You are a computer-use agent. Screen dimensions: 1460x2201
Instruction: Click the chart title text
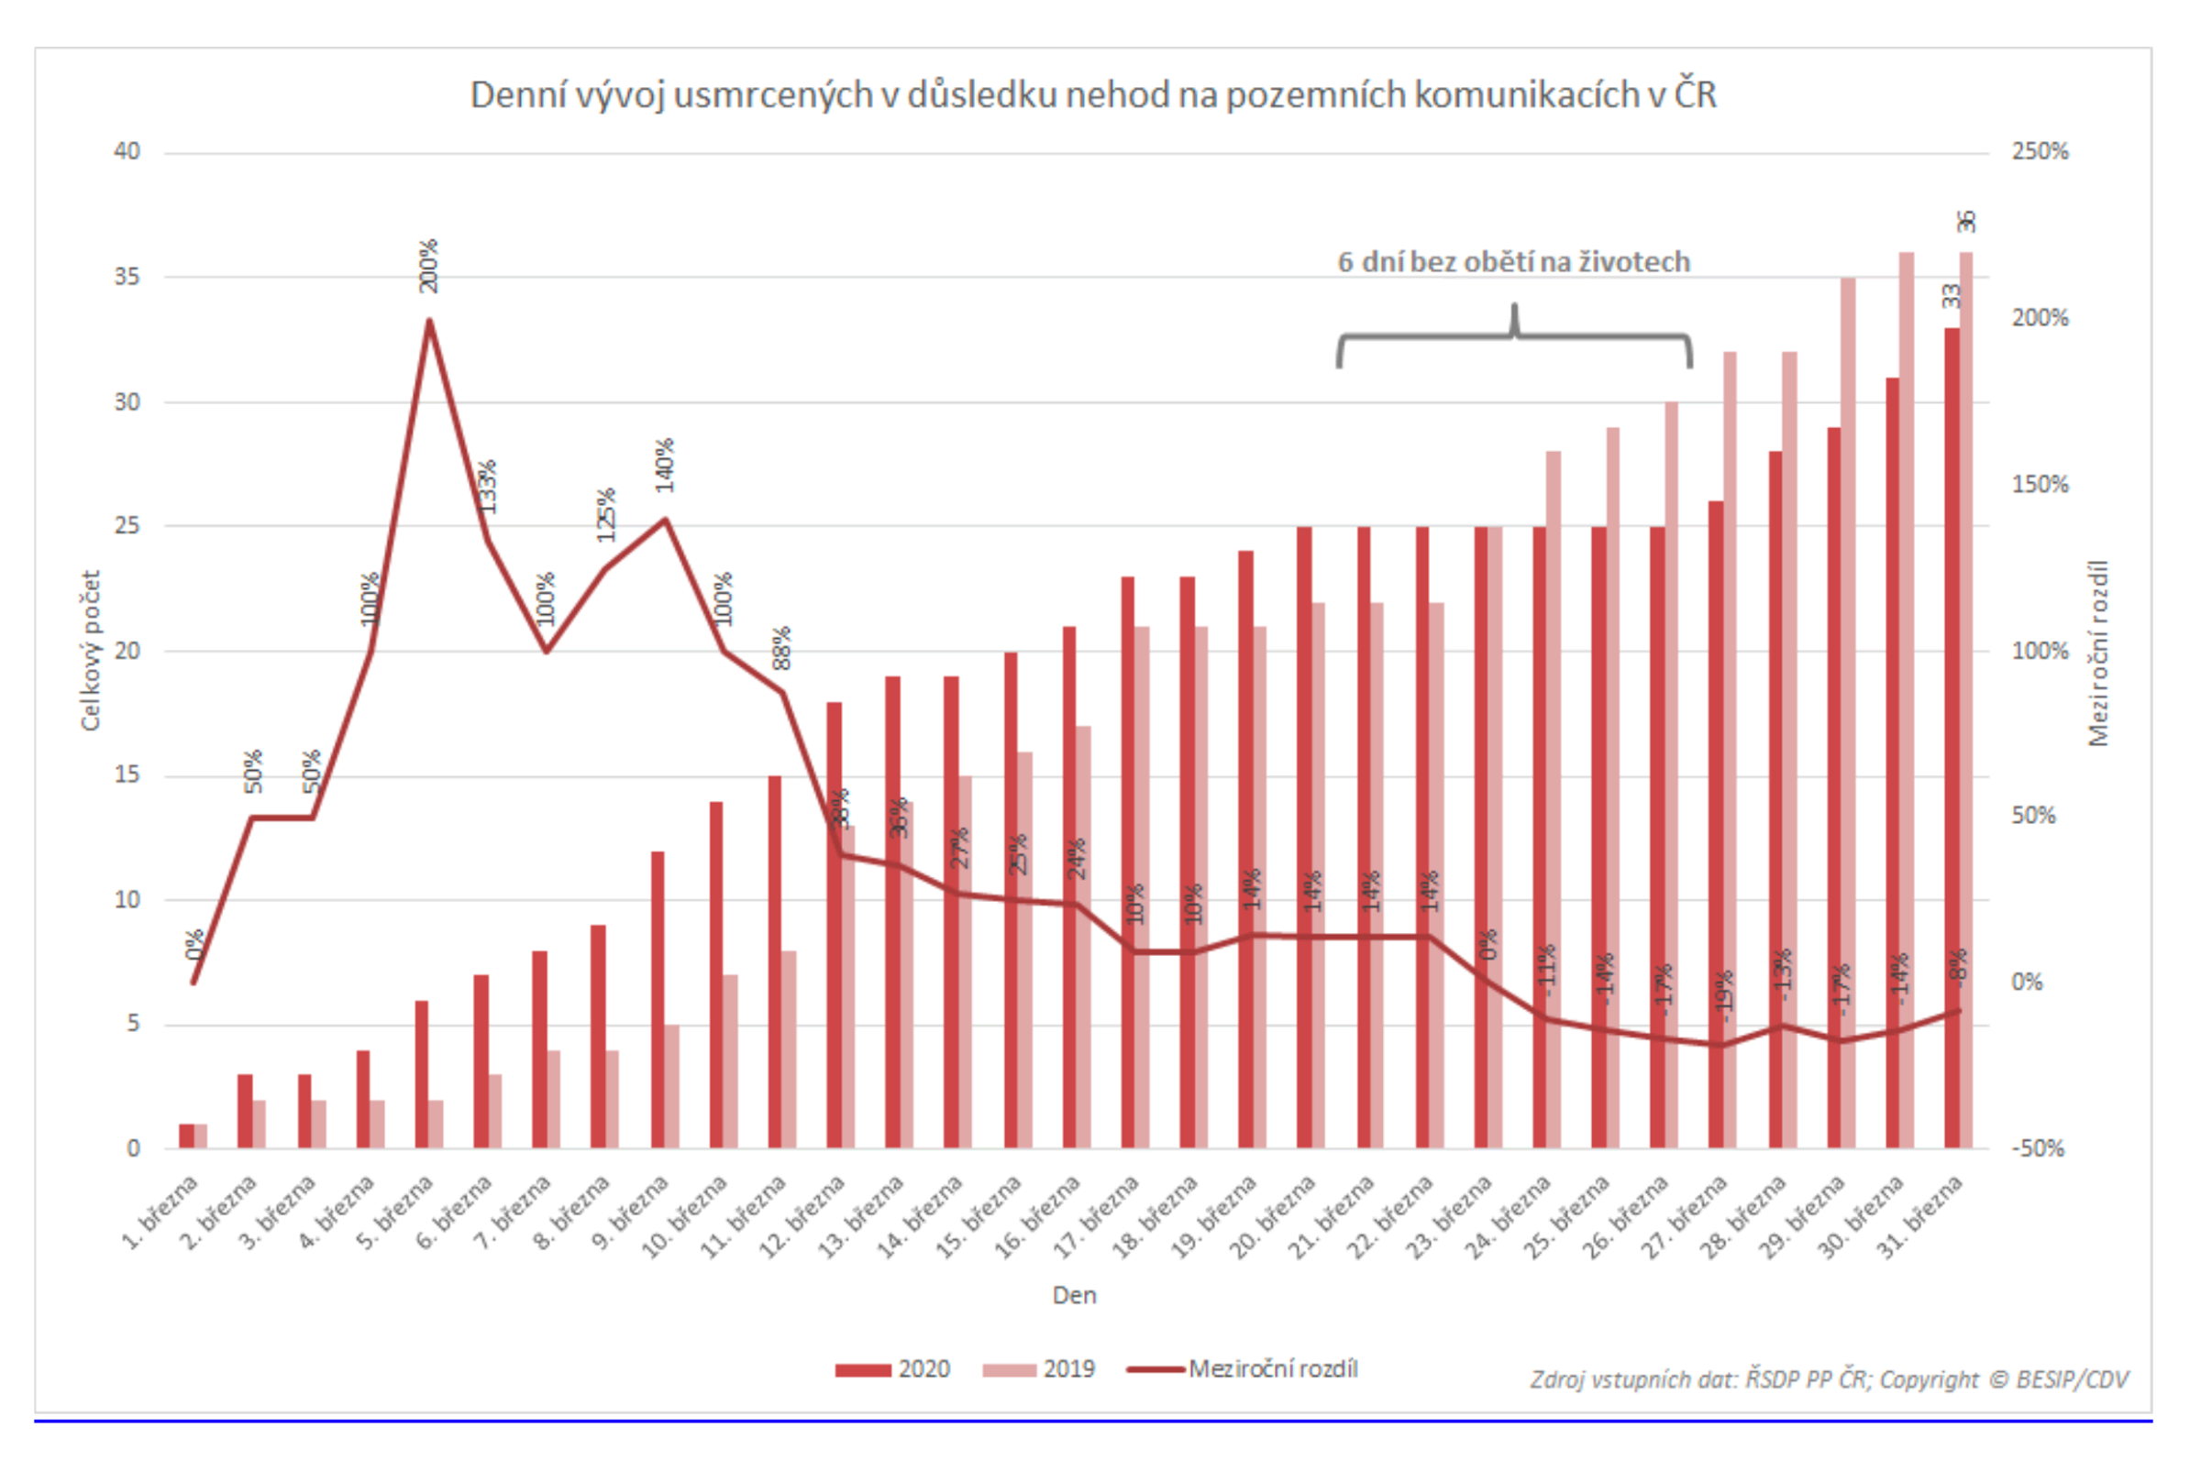coord(1092,95)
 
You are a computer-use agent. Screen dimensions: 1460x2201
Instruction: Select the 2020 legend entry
coord(892,1369)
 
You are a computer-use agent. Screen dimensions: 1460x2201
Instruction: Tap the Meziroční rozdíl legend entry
coord(1243,1369)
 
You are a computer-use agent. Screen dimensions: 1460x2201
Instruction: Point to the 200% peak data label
coord(428,267)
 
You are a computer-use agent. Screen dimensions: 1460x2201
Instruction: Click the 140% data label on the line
coord(664,466)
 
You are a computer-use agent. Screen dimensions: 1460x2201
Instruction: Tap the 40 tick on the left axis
coord(127,152)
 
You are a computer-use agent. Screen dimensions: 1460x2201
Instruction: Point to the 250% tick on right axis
coord(2039,152)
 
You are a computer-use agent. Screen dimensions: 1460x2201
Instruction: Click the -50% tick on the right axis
coord(2037,1148)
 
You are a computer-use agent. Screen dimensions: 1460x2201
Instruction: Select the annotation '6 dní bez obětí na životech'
coord(1513,262)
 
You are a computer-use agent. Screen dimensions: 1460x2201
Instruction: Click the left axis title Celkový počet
coord(91,650)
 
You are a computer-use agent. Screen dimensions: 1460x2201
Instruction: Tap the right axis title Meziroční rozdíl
coord(2097,652)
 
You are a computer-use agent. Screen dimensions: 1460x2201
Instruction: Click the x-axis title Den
coord(1074,1295)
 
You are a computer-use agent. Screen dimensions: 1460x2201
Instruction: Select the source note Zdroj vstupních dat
coord(1829,1379)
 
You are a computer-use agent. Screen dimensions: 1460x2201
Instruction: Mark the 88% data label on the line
coord(781,648)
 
